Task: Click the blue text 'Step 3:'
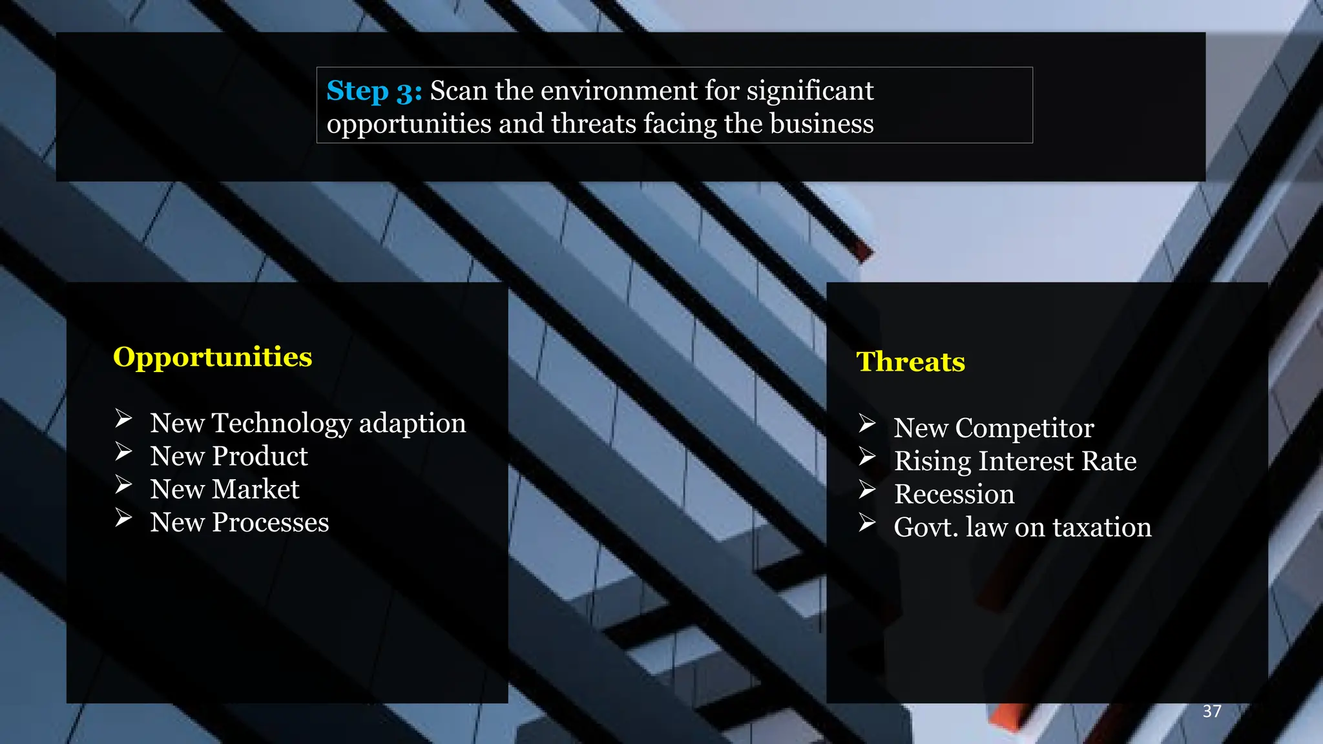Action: pyautogui.click(x=374, y=91)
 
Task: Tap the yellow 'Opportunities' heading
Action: pyautogui.click(x=213, y=357)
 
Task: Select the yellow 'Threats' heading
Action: pyautogui.click(x=910, y=362)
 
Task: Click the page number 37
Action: pyautogui.click(x=1212, y=711)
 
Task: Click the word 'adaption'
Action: pyautogui.click(x=412, y=424)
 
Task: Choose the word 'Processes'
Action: pyautogui.click(x=270, y=522)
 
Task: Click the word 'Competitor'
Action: pyautogui.click(x=1025, y=428)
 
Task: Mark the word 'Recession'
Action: pyautogui.click(x=954, y=495)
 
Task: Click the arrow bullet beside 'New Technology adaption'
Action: pyautogui.click(x=124, y=419)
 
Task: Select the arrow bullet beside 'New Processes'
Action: pyautogui.click(x=124, y=518)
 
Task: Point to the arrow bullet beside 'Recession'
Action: pyautogui.click(x=868, y=490)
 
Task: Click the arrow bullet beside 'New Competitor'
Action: pyautogui.click(x=868, y=424)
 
